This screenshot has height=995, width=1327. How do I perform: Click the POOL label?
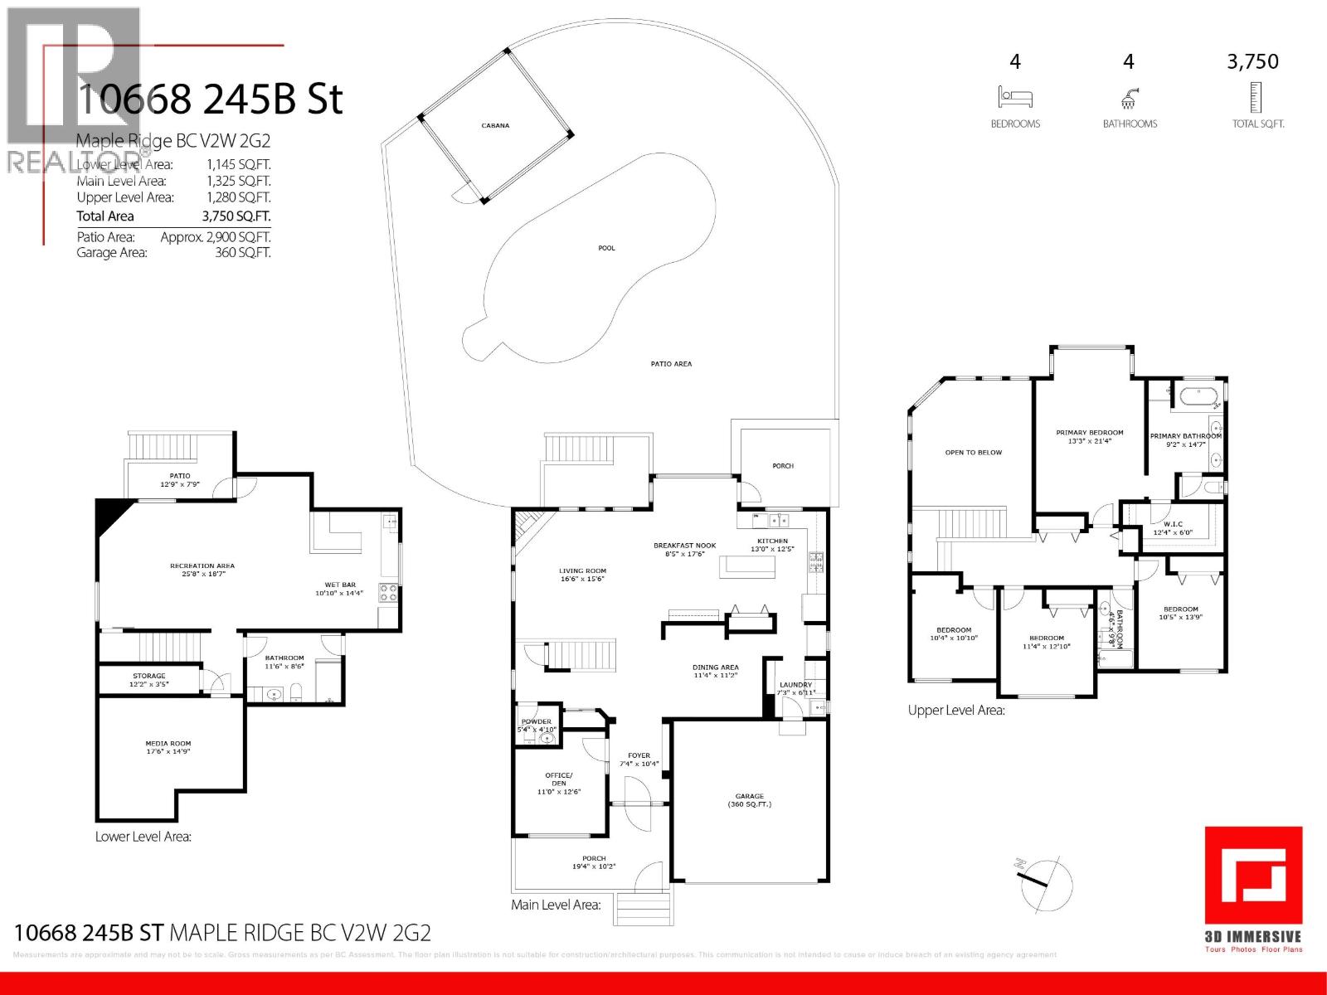[x=607, y=248]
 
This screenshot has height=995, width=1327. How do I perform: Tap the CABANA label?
[x=495, y=126]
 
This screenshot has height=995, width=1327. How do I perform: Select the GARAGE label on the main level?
[x=750, y=796]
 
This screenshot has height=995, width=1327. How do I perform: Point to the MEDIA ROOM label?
[x=168, y=744]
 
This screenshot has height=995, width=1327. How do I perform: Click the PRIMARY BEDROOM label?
[x=1089, y=433]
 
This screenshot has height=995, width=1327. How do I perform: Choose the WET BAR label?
[x=340, y=583]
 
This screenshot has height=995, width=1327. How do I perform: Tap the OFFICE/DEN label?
[x=558, y=776]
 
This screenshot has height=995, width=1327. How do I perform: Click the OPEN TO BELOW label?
[x=973, y=453]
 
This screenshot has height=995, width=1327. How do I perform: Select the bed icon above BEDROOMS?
[x=1014, y=96]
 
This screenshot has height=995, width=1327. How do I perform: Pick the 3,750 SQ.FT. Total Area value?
[x=236, y=216]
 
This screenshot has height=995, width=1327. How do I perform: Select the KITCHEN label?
[x=772, y=541]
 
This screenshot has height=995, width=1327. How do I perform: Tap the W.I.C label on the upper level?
[x=1173, y=524]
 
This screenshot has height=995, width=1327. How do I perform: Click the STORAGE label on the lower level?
[x=149, y=676]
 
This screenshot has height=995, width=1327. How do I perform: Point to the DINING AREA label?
[x=716, y=667]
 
